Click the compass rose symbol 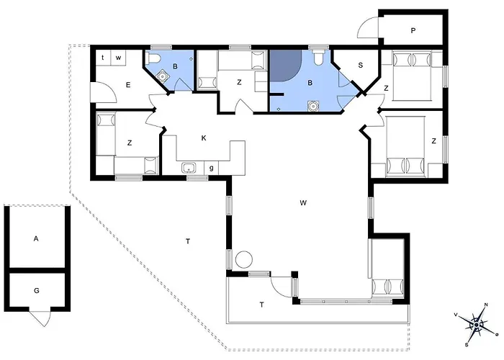(477, 325)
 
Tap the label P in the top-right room (413, 31)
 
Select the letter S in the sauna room (360, 66)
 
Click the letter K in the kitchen (204, 138)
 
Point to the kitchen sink (189, 168)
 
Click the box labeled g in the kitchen (211, 168)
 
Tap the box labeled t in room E (103, 58)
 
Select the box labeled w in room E (118, 58)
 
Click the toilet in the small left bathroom (153, 59)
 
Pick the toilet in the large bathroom (318, 57)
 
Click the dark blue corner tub (285, 66)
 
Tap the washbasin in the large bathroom (312, 106)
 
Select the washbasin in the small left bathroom (163, 76)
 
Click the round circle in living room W (244, 259)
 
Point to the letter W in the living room (303, 203)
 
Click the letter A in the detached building (36, 238)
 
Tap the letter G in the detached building (36, 291)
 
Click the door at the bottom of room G (40, 318)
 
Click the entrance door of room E (104, 93)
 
